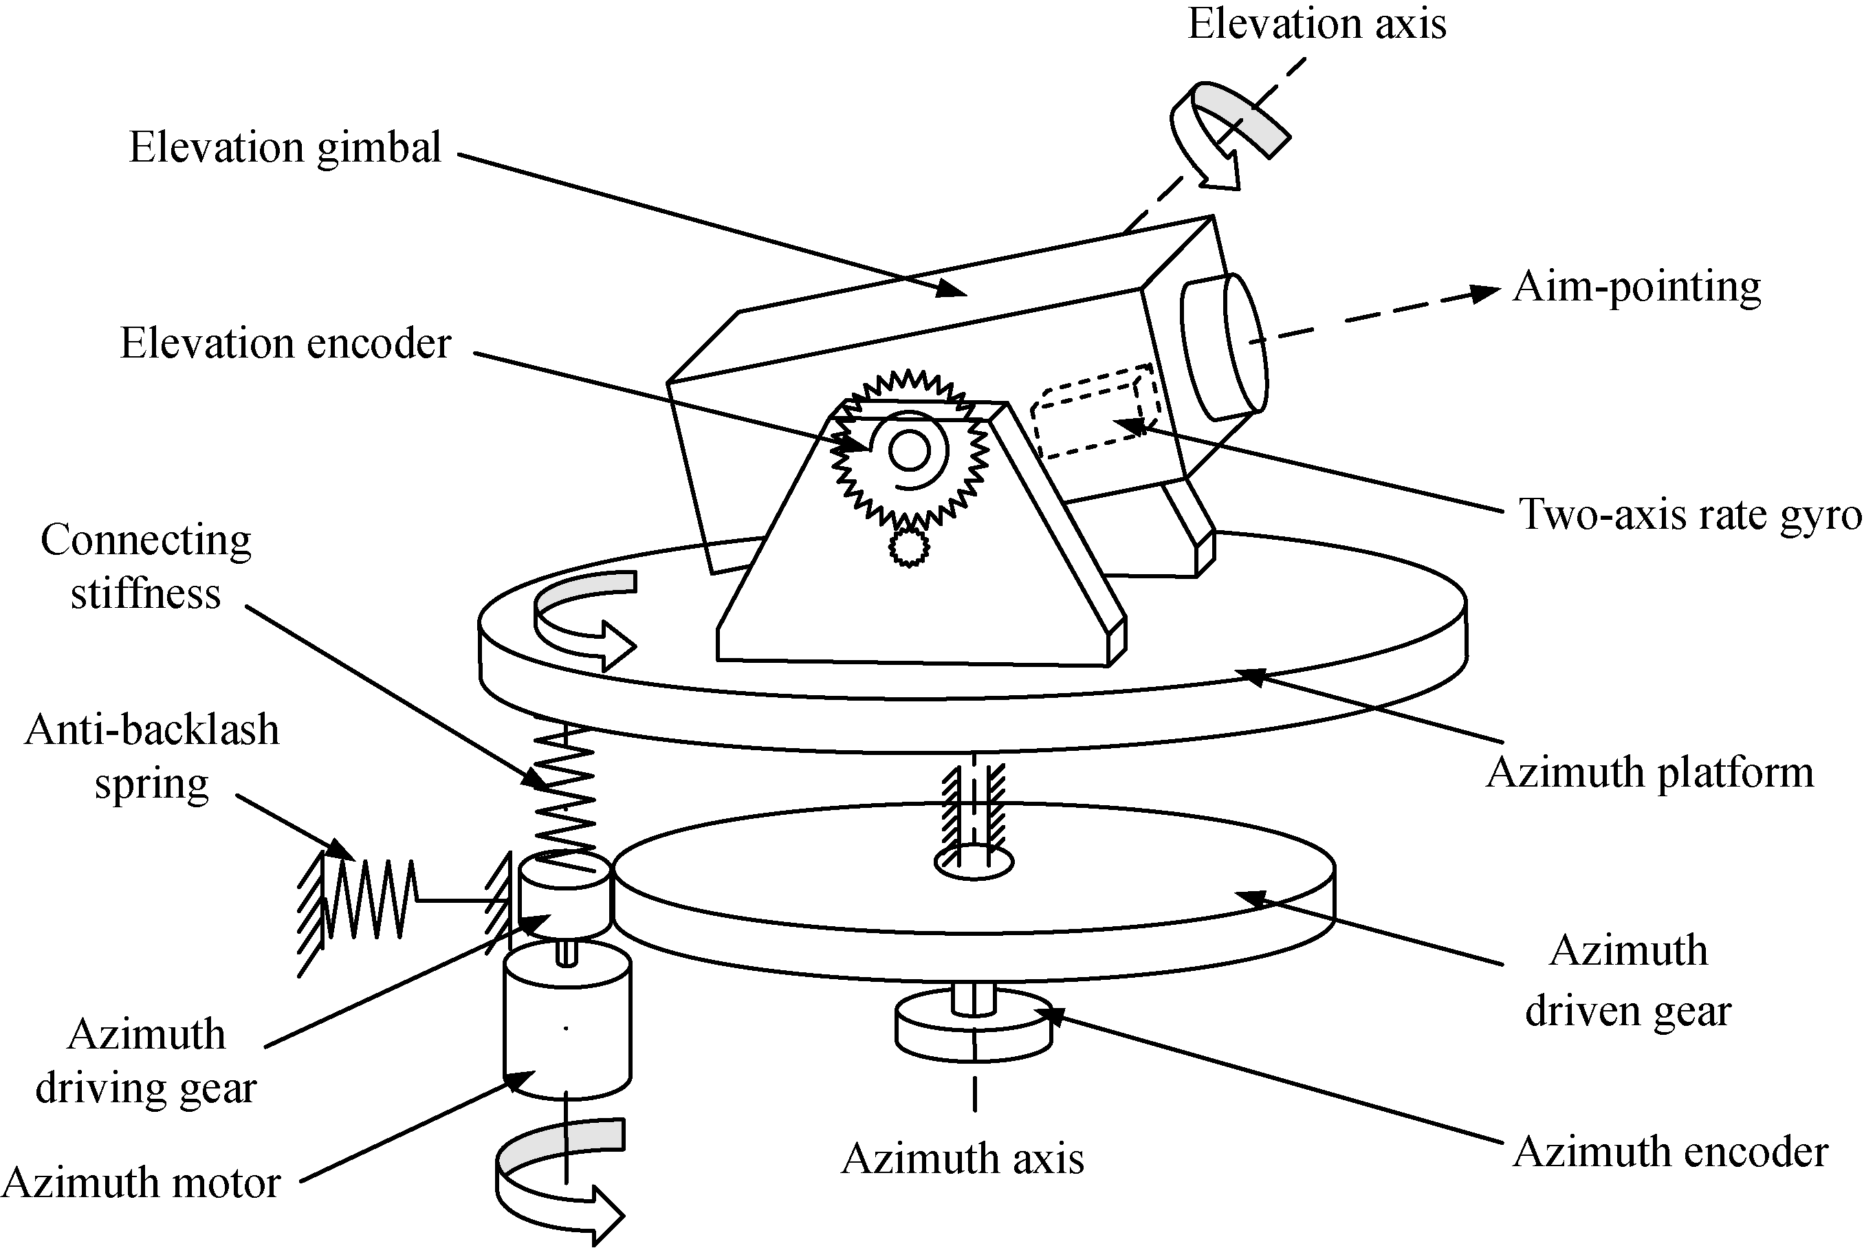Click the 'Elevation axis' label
[1317, 24]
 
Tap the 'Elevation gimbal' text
[285, 148]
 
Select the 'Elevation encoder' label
[285, 344]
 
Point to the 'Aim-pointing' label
[1636, 287]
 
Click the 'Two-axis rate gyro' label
[1689, 514]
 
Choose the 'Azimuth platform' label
[1649, 773]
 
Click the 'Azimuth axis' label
[962, 1159]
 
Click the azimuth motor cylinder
[567, 1027]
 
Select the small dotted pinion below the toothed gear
[908, 547]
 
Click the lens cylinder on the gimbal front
[1224, 347]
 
